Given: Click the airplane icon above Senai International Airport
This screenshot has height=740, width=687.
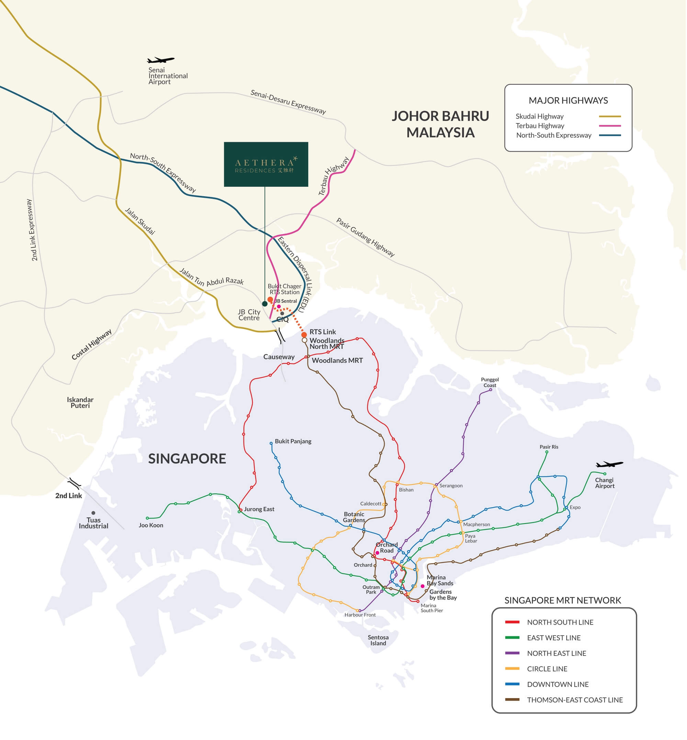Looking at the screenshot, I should pyautogui.click(x=161, y=60).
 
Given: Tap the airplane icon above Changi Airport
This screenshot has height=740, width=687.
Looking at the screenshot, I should pyautogui.click(x=610, y=465).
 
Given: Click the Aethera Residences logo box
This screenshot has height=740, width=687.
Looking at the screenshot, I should pyautogui.click(x=266, y=164).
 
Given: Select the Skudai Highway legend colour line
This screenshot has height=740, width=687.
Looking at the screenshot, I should pyautogui.click(x=610, y=117).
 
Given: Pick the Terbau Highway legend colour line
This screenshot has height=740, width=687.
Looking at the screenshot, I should pyautogui.click(x=610, y=126).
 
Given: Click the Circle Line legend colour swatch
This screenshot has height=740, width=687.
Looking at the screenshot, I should pyautogui.click(x=512, y=669).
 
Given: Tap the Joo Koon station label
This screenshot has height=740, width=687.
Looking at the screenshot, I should pyautogui.click(x=151, y=525).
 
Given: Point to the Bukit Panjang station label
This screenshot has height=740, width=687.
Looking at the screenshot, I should pyautogui.click(x=293, y=442).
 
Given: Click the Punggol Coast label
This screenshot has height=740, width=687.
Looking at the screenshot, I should pyautogui.click(x=490, y=383).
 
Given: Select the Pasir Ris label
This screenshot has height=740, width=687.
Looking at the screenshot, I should pyautogui.click(x=549, y=447).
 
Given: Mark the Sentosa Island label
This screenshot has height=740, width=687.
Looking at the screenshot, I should pyautogui.click(x=378, y=640).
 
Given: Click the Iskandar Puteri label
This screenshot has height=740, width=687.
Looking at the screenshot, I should pyautogui.click(x=80, y=402).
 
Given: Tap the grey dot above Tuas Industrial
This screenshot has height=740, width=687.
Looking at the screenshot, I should pyautogui.click(x=93, y=513).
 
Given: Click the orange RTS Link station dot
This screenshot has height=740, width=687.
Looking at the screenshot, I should pyautogui.click(x=304, y=335).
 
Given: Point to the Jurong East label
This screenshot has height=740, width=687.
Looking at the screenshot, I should pyautogui.click(x=259, y=509).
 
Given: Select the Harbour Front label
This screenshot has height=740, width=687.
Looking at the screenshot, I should pyautogui.click(x=360, y=615).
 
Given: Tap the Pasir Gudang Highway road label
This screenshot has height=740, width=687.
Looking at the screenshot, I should pyautogui.click(x=365, y=238).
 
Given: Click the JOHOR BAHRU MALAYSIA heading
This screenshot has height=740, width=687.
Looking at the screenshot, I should pyautogui.click(x=440, y=124).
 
